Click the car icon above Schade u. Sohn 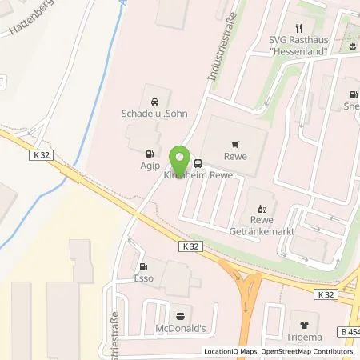point(153,101)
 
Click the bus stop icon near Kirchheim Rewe point(198,160)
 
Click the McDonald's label point(180,328)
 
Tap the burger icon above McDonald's point(180,314)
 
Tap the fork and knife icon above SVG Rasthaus point(298,27)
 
